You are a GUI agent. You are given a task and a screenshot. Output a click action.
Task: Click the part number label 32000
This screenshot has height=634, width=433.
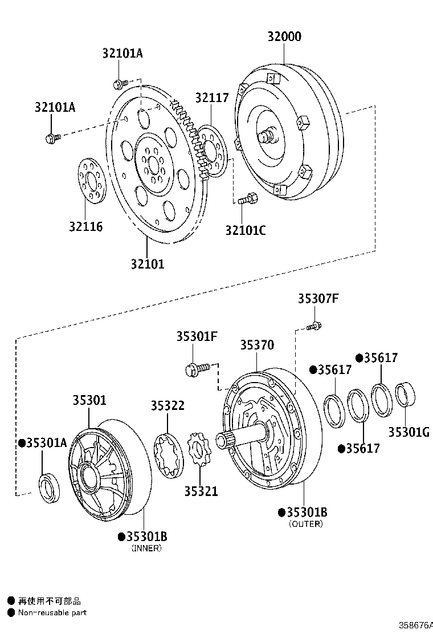point(284,36)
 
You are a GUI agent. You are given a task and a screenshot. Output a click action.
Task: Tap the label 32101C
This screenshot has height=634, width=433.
point(245,230)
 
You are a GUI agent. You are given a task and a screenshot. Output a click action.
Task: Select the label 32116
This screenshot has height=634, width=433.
point(86,226)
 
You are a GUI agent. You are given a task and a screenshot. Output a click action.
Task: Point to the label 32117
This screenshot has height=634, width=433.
point(211,97)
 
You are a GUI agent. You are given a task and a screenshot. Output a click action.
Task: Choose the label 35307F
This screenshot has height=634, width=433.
point(318,299)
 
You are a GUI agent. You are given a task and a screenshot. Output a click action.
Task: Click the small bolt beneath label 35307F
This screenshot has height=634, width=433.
point(313,327)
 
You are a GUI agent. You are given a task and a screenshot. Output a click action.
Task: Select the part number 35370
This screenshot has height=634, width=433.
point(256,345)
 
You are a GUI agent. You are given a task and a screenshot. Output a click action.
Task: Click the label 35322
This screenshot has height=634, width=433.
point(168,405)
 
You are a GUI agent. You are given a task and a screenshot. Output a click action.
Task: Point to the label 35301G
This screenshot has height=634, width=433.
point(409,432)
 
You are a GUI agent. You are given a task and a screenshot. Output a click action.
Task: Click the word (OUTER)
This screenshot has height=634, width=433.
point(305,523)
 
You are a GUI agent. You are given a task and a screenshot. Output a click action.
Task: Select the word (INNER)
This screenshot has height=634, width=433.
point(146,548)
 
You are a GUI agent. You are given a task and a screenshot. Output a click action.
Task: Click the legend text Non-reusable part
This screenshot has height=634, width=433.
point(52,612)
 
